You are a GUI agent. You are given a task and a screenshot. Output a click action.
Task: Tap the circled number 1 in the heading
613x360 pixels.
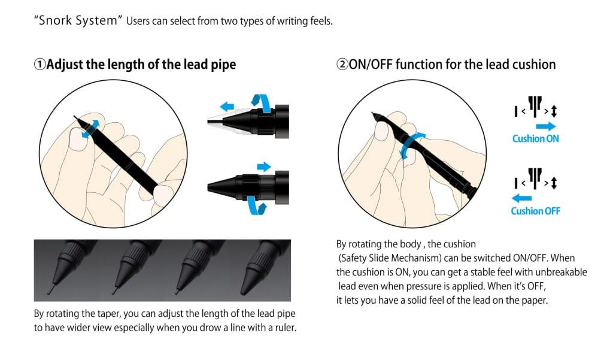pyautogui.click(x=40, y=64)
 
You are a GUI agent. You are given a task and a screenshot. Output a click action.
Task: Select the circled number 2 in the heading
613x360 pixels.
pyautogui.click(x=342, y=64)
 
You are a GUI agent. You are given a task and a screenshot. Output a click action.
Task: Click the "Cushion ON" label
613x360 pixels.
pyautogui.click(x=536, y=138)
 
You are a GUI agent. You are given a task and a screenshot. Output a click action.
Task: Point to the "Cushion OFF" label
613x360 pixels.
pyautogui.click(x=536, y=211)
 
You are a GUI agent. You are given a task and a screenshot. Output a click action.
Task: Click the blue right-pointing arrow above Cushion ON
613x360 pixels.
pyautogui.click(x=546, y=126)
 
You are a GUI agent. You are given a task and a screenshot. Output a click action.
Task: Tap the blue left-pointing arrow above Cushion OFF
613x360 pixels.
pyautogui.click(x=521, y=198)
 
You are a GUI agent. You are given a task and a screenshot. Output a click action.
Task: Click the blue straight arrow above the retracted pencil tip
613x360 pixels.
pyautogui.click(x=264, y=167)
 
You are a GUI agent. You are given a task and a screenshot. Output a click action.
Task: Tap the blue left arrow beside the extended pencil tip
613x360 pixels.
pyautogui.click(x=227, y=106)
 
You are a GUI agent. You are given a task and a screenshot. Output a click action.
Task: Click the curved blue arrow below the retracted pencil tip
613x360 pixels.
pyautogui.click(x=257, y=206)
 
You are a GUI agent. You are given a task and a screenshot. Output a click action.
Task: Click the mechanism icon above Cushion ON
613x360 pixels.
pyautogui.click(x=536, y=107)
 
